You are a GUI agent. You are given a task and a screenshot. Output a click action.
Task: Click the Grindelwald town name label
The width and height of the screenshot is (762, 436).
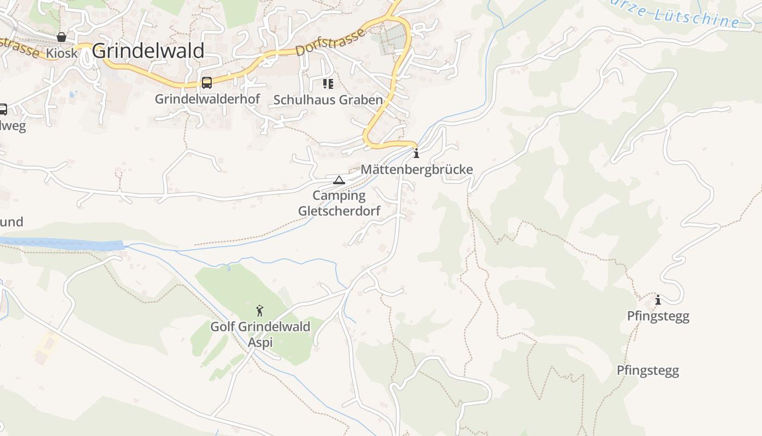[x=148, y=51]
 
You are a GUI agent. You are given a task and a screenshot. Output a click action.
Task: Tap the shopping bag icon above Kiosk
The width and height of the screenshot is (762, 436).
[x=62, y=37]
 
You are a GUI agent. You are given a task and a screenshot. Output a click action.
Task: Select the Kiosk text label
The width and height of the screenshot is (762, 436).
[x=62, y=53]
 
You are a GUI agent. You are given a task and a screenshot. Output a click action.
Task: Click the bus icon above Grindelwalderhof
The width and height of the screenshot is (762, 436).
[x=207, y=83]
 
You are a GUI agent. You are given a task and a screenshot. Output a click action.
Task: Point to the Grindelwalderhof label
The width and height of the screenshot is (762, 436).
[x=207, y=99]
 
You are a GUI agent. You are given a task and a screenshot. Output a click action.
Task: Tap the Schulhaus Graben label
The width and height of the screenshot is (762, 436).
[x=328, y=100]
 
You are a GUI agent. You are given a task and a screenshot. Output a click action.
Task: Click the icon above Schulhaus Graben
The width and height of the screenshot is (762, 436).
[x=328, y=83]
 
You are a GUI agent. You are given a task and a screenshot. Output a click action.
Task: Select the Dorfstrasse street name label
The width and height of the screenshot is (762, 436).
[x=330, y=43]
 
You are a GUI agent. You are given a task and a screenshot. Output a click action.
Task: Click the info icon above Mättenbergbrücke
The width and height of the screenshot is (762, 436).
[x=416, y=153]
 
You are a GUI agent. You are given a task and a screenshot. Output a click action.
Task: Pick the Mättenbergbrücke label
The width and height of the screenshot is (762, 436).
[x=416, y=169]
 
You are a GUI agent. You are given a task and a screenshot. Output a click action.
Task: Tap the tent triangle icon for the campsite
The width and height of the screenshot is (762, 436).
[x=339, y=180]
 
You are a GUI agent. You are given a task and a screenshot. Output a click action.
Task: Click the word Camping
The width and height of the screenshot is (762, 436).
[x=339, y=195]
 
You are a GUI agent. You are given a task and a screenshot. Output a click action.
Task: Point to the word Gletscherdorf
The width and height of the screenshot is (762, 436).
[x=339, y=210]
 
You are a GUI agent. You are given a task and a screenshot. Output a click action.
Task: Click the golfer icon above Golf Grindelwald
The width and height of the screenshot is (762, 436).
[x=260, y=311]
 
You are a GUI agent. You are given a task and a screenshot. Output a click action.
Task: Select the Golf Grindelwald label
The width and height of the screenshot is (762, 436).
[x=260, y=327]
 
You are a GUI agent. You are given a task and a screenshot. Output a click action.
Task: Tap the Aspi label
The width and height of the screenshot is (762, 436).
[x=260, y=342]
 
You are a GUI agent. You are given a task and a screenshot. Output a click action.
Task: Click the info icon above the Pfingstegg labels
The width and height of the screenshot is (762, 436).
[x=658, y=300]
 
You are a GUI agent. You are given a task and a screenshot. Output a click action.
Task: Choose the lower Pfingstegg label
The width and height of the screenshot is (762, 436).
[x=648, y=371]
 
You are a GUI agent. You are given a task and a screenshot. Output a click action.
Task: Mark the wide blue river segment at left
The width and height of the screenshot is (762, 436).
[x=65, y=244]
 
